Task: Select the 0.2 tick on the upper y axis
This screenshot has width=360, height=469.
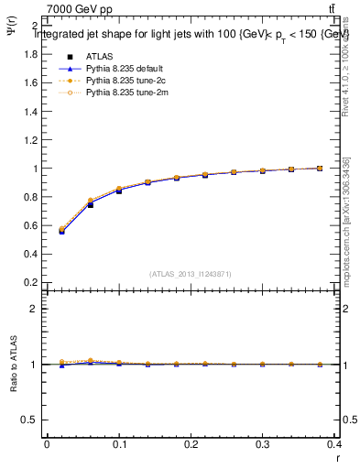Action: tap(29, 282)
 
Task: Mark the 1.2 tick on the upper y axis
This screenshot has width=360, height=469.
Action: tap(29, 140)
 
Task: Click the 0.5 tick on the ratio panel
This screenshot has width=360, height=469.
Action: tap(30, 420)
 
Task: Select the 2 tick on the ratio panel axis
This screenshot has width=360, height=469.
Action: tap(34, 309)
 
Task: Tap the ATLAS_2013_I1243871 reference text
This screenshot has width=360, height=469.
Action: tap(191, 274)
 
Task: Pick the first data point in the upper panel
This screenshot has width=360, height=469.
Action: tap(61, 231)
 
